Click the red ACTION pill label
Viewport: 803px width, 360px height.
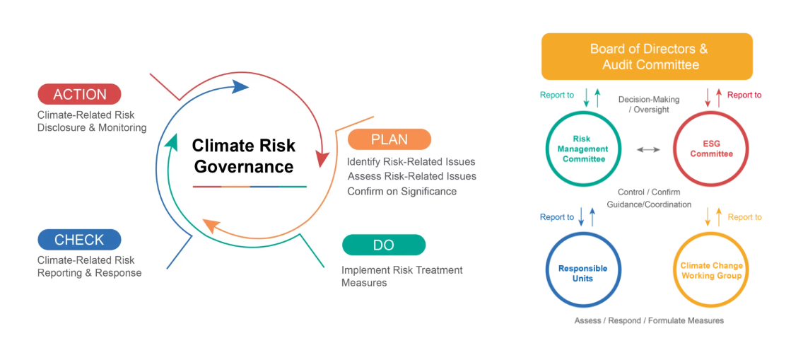[x=79, y=94]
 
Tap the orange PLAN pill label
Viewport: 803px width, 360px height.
[x=389, y=139]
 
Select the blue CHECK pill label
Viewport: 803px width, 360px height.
[x=79, y=240]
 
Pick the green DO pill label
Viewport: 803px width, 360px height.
[x=384, y=245]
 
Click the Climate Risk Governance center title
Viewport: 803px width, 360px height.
[x=243, y=156]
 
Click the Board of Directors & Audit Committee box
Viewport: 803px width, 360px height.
[x=647, y=57]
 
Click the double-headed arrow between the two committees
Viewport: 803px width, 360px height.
[x=647, y=149]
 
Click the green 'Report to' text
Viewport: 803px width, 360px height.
[x=557, y=95]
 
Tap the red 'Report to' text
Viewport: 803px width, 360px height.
[x=744, y=95]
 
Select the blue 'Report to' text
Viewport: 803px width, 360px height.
[x=557, y=217]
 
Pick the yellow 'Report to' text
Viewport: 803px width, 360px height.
[x=744, y=217]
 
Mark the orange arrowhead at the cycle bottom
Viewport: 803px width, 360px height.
[x=211, y=225]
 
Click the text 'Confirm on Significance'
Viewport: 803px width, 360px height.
[x=402, y=191]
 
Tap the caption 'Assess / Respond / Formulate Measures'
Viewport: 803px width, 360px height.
[x=650, y=320]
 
